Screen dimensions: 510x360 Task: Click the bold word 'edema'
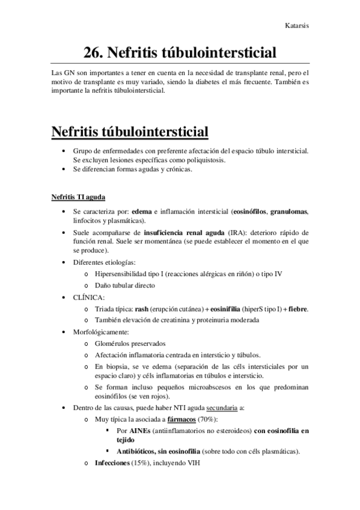(142, 212)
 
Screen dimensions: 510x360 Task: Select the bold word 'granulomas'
(289, 212)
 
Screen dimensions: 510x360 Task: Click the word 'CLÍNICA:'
(88, 297)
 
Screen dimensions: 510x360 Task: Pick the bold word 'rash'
(142, 309)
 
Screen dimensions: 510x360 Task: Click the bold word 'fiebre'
(297, 309)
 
